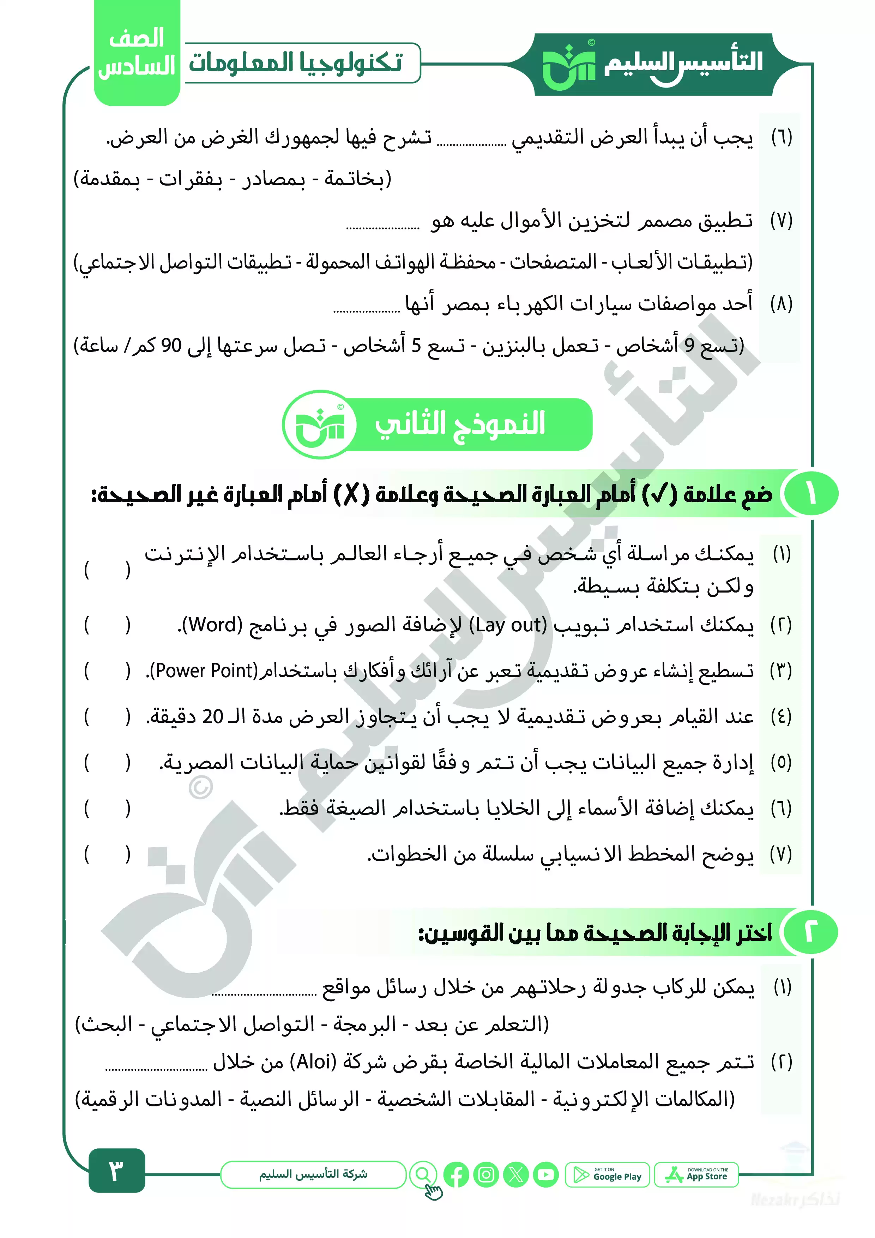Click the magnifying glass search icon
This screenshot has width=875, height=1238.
coord(423,1174)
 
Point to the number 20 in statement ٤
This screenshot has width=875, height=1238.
coord(212,717)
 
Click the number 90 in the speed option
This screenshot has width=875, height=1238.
coord(171,345)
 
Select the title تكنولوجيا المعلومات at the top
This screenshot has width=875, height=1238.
coord(295,62)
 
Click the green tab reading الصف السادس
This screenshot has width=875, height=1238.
coord(137,53)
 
